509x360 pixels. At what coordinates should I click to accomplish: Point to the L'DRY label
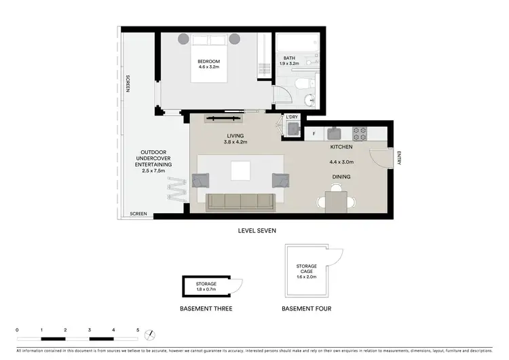[x=292, y=118]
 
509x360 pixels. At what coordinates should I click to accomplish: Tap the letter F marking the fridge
[x=314, y=133]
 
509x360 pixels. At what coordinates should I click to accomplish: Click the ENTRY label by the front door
[x=399, y=157]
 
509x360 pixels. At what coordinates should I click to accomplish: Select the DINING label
[x=341, y=177]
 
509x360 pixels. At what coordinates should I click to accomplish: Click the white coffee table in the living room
[x=240, y=170]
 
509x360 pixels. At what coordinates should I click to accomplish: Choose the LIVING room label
[x=235, y=136]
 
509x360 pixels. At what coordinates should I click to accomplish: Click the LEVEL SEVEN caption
[x=257, y=231]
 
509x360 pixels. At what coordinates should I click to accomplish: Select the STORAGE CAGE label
[x=307, y=270]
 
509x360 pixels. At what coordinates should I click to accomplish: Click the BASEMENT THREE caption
[x=206, y=308]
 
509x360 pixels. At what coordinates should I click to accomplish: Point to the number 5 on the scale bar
[x=138, y=330]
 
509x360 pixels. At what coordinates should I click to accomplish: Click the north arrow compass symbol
[x=153, y=335]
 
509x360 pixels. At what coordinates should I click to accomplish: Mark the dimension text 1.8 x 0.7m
[x=206, y=289]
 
